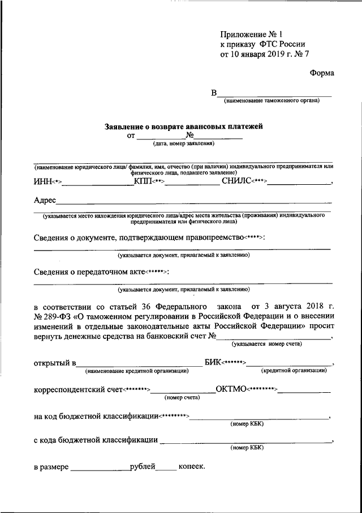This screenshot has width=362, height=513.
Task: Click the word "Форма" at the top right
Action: [322, 73]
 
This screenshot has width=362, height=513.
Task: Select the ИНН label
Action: [42, 181]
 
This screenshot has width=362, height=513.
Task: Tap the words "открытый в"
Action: [54, 363]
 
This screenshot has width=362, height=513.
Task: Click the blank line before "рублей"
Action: [100, 469]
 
